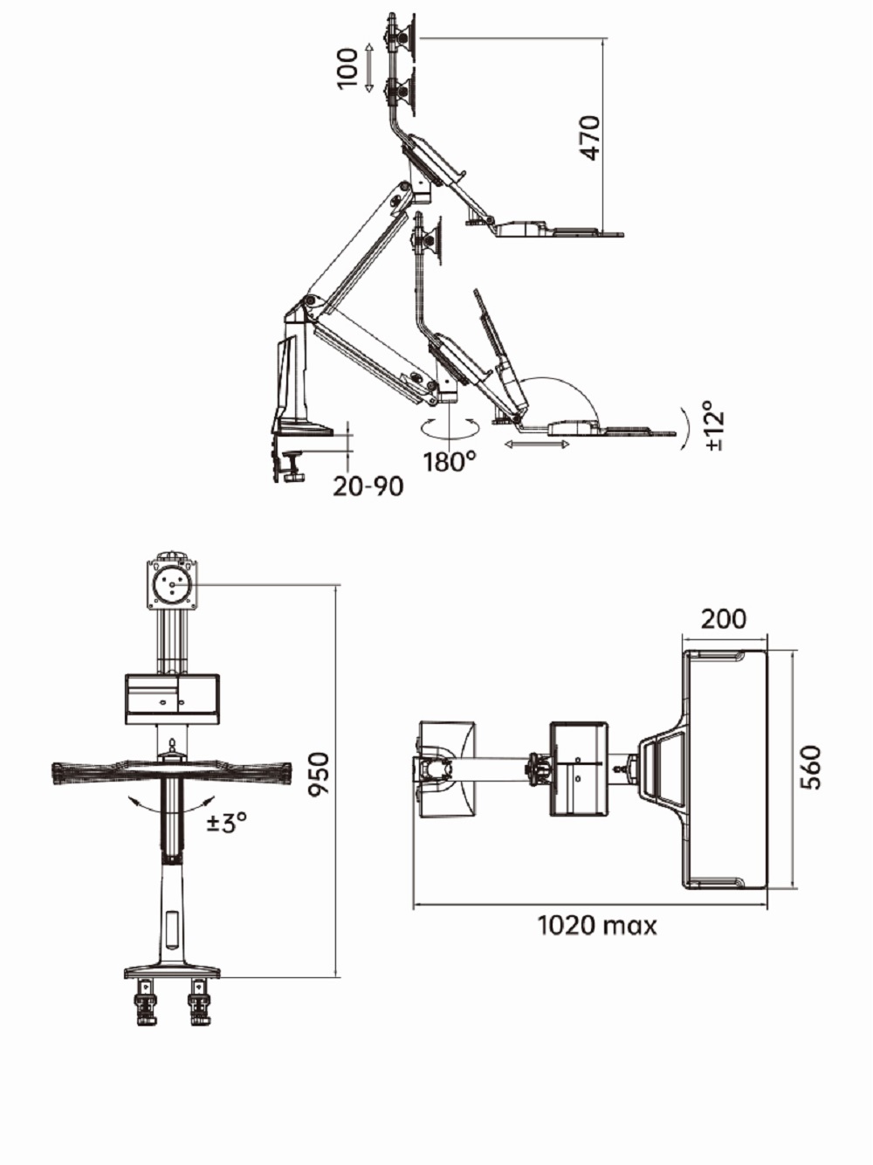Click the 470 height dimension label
click(590, 137)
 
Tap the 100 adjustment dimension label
click(347, 68)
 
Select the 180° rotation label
click(450, 461)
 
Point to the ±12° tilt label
click(716, 424)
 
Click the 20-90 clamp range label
click(368, 486)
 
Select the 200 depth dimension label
click(724, 619)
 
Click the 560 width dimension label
click(810, 768)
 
